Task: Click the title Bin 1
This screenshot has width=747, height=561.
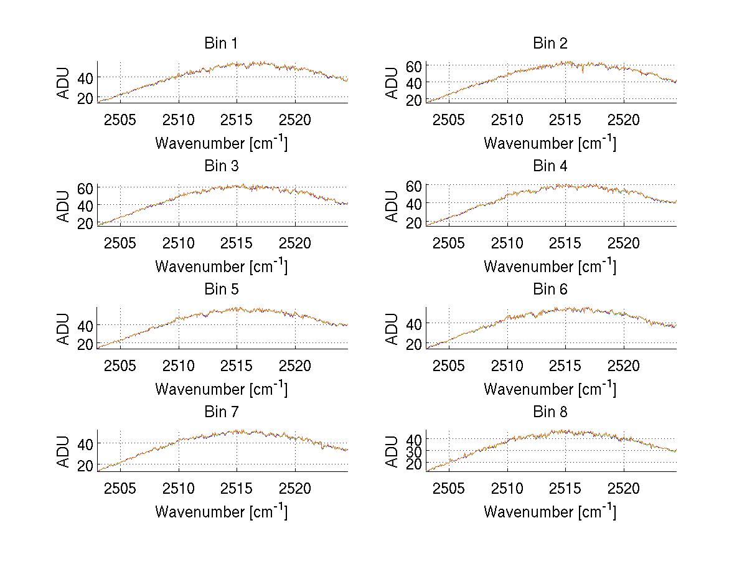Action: pos(221,44)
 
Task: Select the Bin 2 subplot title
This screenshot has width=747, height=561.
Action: pos(550,44)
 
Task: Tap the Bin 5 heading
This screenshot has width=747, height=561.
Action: pos(221,290)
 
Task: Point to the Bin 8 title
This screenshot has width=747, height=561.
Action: pos(550,412)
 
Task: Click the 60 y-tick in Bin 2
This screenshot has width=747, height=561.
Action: pos(415,65)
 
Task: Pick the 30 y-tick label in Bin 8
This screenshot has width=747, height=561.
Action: pos(415,450)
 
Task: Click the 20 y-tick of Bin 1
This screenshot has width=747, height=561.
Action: pos(86,98)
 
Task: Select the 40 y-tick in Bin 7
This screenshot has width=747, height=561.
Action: pos(86,443)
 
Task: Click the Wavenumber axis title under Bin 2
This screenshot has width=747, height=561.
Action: pos(550,143)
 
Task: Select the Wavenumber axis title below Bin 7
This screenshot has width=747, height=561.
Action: pos(221,511)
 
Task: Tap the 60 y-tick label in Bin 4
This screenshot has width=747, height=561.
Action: pos(415,186)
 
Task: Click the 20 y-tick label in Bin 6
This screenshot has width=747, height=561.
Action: pos(415,344)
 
